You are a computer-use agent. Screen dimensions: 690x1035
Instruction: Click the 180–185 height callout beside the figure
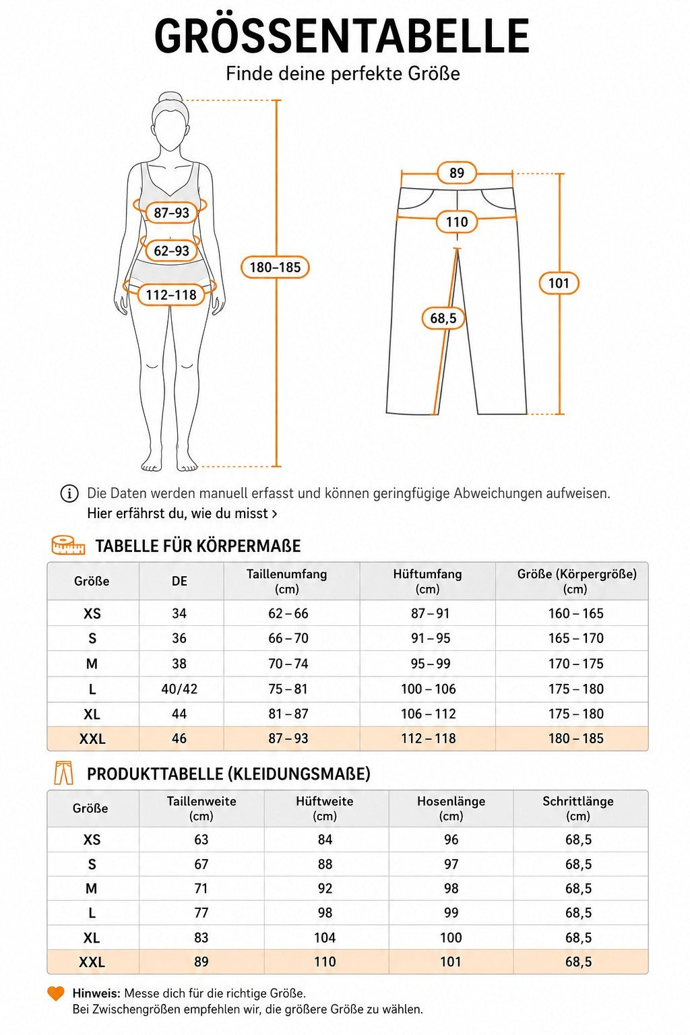click(275, 267)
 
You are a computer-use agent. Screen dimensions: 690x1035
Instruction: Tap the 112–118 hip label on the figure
click(171, 294)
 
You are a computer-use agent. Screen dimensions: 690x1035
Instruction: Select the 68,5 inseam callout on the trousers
click(443, 318)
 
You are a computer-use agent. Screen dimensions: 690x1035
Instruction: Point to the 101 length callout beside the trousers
click(559, 283)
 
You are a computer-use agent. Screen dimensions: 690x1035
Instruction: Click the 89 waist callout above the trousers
click(457, 172)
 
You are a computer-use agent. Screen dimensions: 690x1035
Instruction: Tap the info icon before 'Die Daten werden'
click(69, 493)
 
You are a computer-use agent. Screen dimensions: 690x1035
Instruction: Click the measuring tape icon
click(69, 545)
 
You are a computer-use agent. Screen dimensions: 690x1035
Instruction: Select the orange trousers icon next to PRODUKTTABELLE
click(63, 774)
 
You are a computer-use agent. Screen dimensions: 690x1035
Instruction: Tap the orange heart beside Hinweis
click(56, 993)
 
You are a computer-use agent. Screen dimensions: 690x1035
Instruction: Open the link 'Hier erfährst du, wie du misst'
click(182, 513)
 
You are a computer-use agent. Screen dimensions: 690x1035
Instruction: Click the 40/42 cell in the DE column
click(179, 689)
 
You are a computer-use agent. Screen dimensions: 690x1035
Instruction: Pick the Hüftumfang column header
click(427, 582)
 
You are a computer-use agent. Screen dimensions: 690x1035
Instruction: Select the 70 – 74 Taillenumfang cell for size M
click(288, 664)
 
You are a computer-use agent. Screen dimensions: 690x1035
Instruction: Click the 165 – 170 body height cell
click(576, 638)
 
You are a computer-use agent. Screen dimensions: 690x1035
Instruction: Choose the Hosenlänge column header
click(451, 808)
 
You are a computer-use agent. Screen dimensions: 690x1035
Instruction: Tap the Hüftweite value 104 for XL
click(325, 937)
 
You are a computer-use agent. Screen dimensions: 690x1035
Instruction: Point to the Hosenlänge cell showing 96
click(451, 840)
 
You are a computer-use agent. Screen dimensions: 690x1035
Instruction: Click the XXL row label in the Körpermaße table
click(92, 739)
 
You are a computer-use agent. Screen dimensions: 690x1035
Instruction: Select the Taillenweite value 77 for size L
click(201, 912)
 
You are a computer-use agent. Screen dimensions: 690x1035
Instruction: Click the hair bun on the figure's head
click(170, 97)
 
